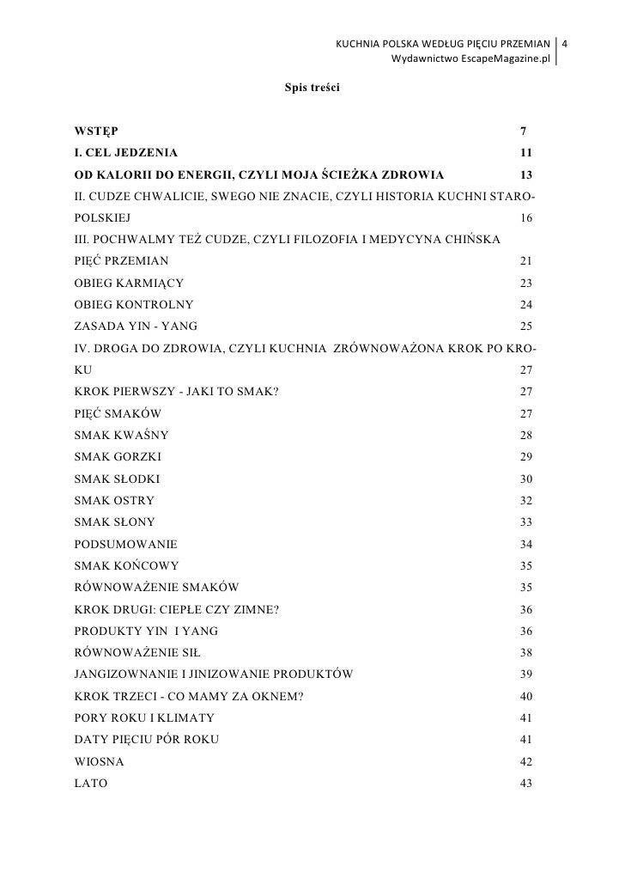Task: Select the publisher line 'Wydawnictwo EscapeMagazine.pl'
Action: coord(470,58)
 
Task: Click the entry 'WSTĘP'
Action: coord(96,131)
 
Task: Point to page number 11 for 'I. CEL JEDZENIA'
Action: coord(527,153)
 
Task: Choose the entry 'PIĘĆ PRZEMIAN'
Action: coord(122,259)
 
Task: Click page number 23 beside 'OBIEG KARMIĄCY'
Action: coord(527,282)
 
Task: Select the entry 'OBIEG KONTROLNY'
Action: coord(134,304)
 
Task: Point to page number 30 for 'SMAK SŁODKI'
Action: coord(527,479)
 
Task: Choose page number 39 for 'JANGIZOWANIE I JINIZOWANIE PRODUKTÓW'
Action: coord(527,674)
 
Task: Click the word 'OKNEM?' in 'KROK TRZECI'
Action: coord(281,697)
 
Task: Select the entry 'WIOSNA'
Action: coord(99,762)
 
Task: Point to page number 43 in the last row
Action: coord(527,784)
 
